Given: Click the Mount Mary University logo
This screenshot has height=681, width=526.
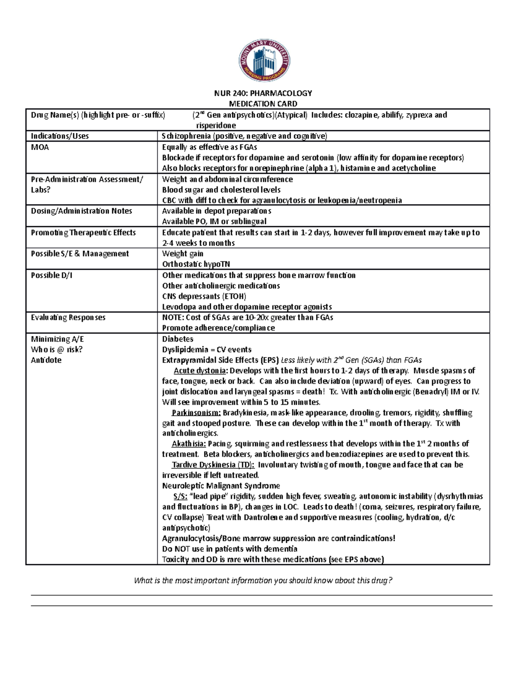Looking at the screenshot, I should click(x=264, y=61).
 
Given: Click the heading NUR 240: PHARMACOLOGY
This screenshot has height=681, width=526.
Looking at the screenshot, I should click(x=263, y=93).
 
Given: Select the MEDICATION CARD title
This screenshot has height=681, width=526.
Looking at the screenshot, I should click(x=263, y=104).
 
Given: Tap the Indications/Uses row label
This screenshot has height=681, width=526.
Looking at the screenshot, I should click(x=60, y=136).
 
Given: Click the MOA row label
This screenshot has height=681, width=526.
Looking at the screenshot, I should click(x=40, y=147).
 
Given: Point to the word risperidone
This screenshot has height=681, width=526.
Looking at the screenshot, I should click(x=216, y=125).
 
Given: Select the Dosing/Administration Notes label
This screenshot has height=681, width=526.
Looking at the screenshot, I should click(x=81, y=211).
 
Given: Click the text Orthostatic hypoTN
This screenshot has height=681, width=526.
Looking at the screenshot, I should click(x=196, y=264).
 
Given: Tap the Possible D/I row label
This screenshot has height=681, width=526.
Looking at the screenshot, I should click(x=51, y=275).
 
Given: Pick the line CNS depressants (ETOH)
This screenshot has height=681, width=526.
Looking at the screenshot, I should click(x=204, y=296).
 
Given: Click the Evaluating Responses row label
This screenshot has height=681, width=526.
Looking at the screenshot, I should click(x=68, y=317).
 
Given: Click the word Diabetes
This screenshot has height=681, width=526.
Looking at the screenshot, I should click(x=178, y=339).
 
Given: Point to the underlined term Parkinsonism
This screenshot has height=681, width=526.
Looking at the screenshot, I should click(x=196, y=413).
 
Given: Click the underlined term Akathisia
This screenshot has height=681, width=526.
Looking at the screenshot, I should click(x=188, y=443).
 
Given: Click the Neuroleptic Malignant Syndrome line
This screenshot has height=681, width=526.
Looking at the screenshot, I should click(x=221, y=486).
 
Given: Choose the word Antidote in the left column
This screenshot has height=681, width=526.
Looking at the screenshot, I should click(x=46, y=360).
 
